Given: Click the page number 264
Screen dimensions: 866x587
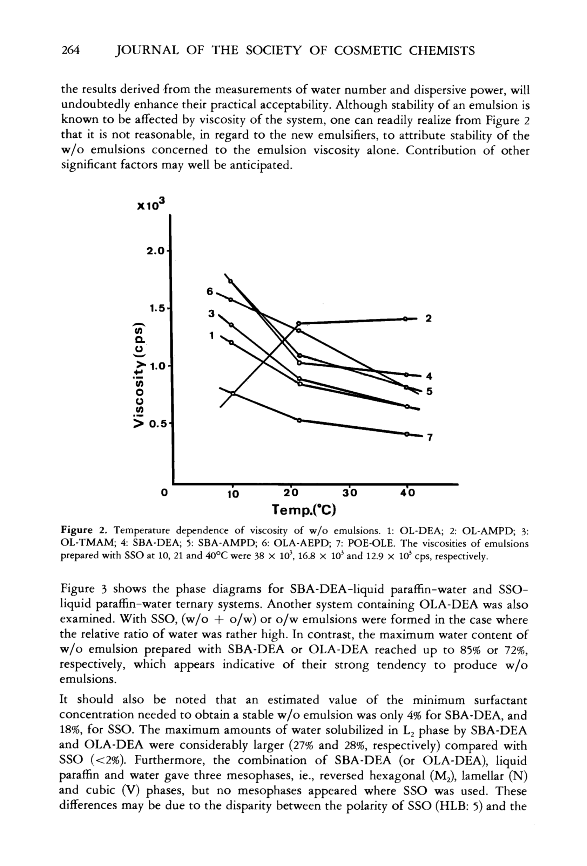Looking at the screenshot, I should click(x=71, y=50).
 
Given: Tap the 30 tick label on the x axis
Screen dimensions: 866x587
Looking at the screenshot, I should click(x=350, y=493).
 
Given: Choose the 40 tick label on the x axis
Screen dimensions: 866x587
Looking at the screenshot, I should click(x=407, y=493).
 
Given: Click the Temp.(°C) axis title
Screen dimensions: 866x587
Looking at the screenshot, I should click(x=304, y=509).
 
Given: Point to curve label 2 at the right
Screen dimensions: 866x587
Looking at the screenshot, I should click(x=429, y=318).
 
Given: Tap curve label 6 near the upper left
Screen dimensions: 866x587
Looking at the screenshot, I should click(x=210, y=291).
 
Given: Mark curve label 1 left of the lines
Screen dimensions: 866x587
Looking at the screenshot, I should click(x=211, y=335).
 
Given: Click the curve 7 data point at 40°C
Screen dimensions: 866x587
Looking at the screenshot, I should click(x=406, y=434).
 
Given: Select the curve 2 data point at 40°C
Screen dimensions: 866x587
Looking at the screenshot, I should click(x=405, y=318).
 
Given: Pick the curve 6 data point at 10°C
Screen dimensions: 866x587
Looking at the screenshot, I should click(x=230, y=299).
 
